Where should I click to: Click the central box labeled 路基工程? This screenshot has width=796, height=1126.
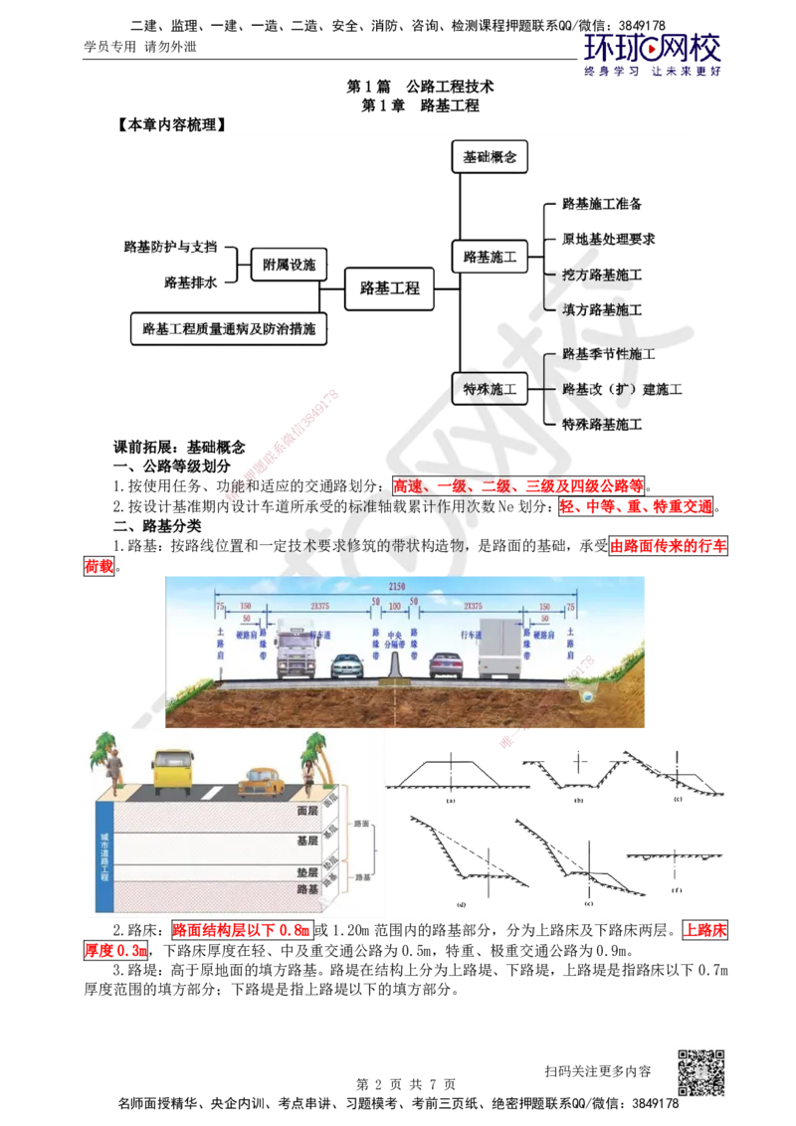[390, 288]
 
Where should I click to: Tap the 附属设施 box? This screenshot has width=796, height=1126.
[290, 266]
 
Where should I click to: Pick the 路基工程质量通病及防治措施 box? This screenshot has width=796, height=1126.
[229, 327]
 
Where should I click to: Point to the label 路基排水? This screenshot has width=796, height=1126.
[191, 283]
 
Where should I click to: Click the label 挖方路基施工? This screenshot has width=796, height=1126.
[603, 275]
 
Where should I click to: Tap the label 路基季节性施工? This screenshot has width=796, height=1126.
[609, 354]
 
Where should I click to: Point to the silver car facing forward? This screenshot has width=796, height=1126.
[346, 664]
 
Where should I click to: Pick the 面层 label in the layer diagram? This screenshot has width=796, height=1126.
[307, 811]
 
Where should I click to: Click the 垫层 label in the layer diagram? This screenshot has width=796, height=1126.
[307, 872]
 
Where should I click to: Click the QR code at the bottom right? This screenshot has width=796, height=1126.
[699, 1073]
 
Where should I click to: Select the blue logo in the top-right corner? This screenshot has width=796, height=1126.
[652, 54]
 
